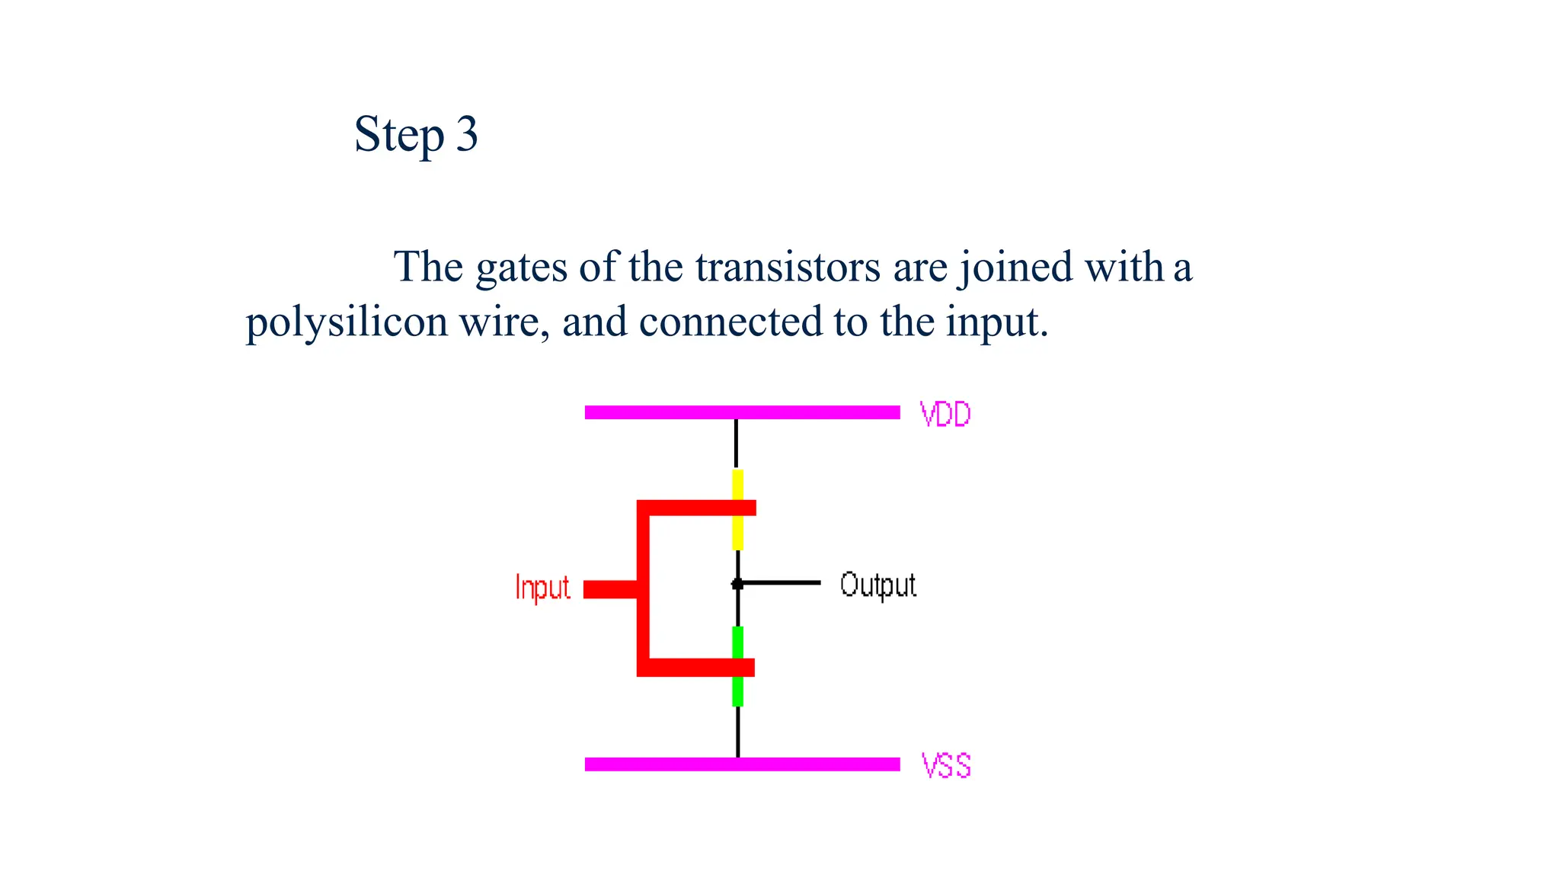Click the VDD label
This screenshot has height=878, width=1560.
pos(945,415)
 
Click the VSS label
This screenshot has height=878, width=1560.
pos(946,765)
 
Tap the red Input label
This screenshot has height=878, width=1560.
pos(542,588)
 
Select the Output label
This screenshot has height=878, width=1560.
pos(877,585)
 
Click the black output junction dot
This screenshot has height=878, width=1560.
pos(737,584)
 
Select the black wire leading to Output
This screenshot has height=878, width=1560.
pos(785,583)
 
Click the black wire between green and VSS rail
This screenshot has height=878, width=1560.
pos(737,732)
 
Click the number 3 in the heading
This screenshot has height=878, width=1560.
pos(467,134)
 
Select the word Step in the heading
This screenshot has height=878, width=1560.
pos(399,136)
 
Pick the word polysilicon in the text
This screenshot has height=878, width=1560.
pos(347,322)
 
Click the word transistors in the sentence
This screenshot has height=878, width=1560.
pos(788,267)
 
